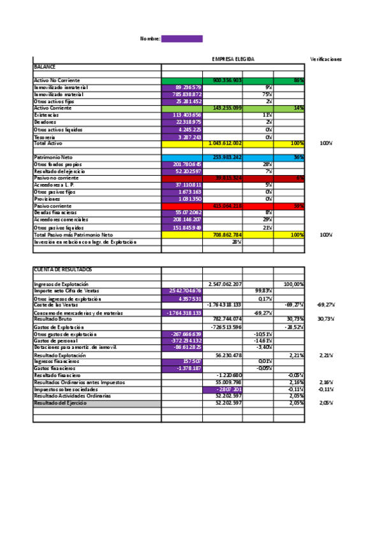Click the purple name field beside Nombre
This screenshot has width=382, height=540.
coord(182,39)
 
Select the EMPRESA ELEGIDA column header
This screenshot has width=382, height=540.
coord(233,59)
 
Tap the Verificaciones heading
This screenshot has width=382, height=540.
coord(326,59)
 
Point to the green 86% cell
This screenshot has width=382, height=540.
coord(290,80)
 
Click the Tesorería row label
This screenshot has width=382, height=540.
coord(45,137)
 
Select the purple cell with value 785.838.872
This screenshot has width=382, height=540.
coord(182,94)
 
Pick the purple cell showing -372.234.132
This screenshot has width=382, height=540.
coord(182,341)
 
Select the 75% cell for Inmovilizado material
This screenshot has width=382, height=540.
coord(258,94)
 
